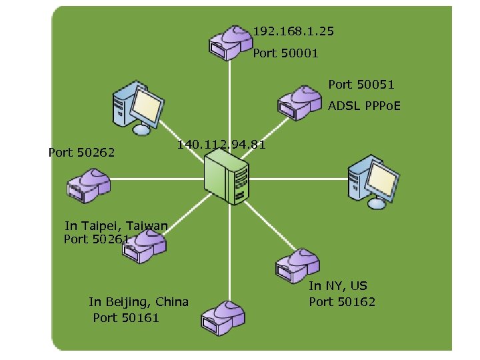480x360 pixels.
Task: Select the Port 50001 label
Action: pos(285,53)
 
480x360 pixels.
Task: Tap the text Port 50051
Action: pos(361,85)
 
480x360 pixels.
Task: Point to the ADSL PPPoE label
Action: pos(364,106)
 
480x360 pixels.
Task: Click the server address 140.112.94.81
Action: pos(221,145)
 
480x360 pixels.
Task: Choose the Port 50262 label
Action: pos(81,153)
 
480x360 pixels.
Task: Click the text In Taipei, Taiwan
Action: pos(117,225)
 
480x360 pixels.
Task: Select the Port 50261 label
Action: pos(96,239)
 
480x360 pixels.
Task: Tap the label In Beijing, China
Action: pos(139,302)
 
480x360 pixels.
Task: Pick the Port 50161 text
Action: pos(126,318)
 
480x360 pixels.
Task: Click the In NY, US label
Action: pos(337,286)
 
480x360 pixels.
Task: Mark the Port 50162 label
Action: pos(341,302)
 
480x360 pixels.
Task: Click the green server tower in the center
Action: pos(228,177)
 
